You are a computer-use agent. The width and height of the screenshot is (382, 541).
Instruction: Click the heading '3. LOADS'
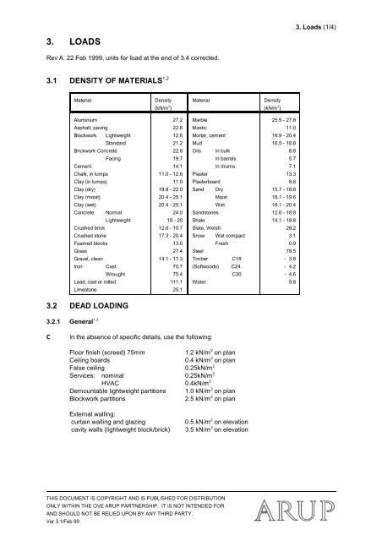pyautogui.click(x=47, y=39)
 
